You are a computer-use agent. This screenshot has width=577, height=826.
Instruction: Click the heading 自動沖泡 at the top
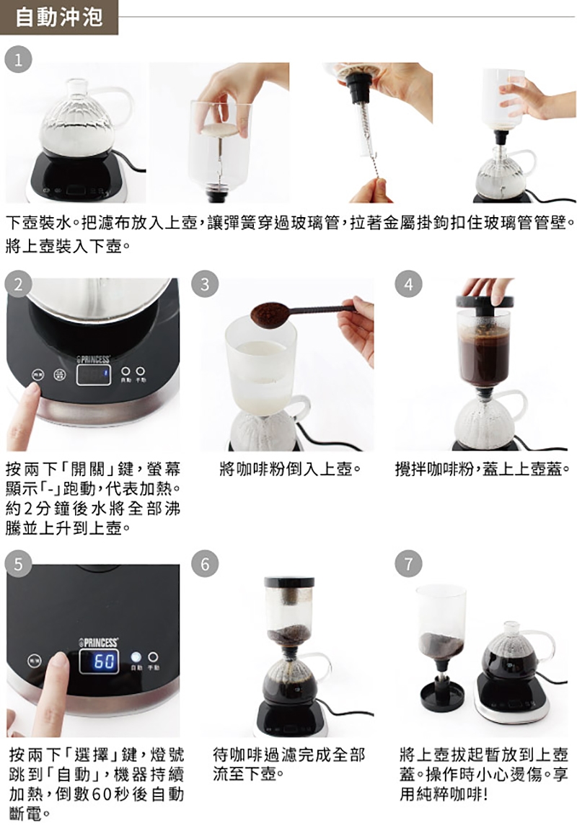point(59,17)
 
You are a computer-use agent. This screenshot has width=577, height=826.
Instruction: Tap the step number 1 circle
point(19,60)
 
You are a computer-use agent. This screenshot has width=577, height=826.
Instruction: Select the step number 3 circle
point(205,284)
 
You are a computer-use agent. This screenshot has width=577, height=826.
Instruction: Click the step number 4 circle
point(408,284)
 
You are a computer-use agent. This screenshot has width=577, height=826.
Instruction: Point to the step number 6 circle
point(205,563)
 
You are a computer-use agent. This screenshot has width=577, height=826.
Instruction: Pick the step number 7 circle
point(408,563)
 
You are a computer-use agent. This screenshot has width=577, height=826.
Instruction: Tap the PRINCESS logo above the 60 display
point(98,642)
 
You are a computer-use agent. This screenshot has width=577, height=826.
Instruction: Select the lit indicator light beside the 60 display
point(136,657)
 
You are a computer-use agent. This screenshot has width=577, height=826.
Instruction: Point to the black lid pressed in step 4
point(485,302)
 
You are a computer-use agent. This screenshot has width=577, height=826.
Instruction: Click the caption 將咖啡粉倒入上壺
point(290,469)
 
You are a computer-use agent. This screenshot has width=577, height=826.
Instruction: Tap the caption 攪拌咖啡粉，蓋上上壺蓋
point(483,469)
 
